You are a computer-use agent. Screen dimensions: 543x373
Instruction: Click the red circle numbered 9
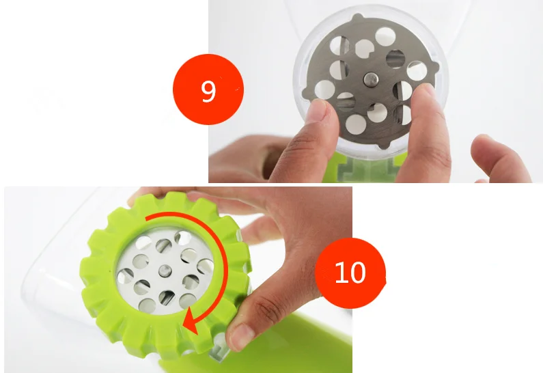[208, 89]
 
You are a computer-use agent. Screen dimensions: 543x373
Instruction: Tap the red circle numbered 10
[350, 273]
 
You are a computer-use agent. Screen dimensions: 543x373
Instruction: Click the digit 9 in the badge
[208, 91]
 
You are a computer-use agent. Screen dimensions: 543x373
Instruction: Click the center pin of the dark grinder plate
[371, 79]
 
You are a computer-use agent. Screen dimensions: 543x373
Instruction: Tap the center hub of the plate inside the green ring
[165, 271]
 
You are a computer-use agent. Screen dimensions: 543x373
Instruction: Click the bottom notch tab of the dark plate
[382, 145]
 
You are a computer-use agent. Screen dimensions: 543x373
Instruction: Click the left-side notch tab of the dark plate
[305, 92]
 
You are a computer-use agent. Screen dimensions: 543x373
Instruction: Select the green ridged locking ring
[165, 274]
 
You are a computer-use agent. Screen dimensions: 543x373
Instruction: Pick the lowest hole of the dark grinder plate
[356, 125]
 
